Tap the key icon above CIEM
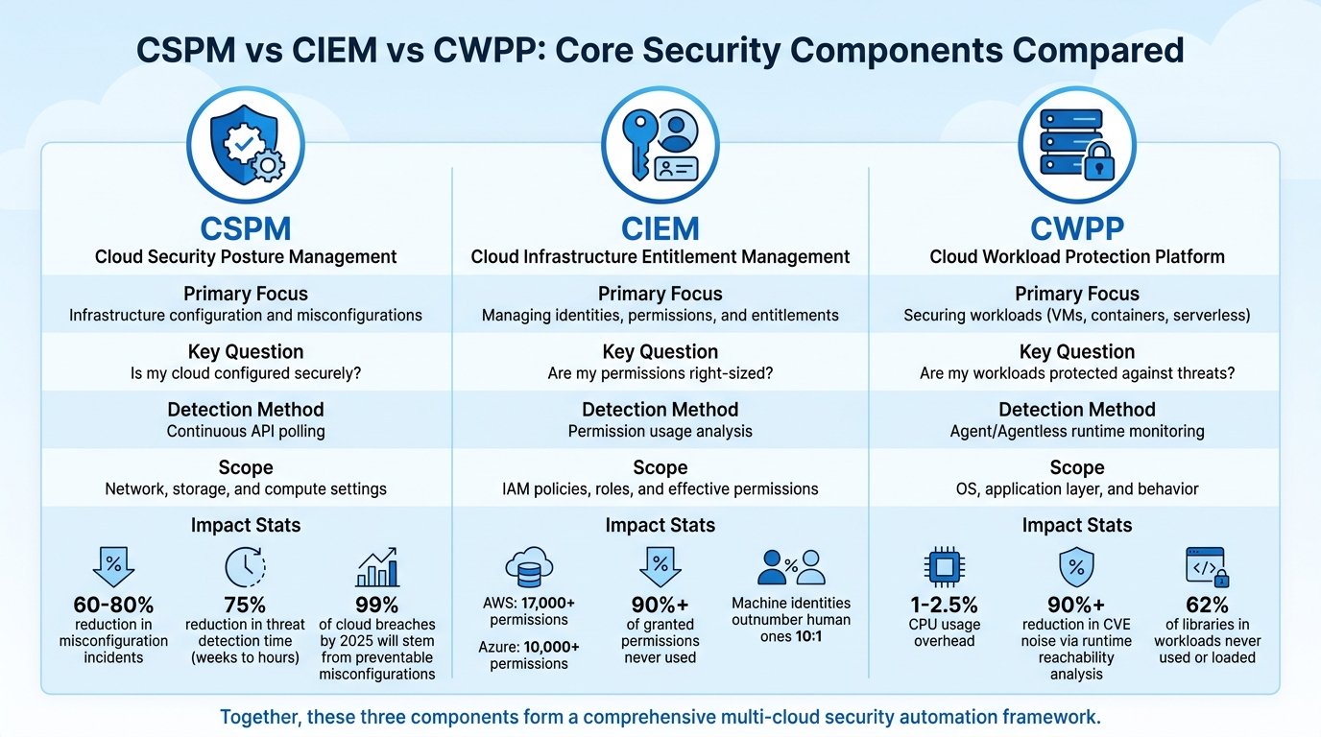click(x=639, y=144)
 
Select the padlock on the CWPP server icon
click(x=1098, y=160)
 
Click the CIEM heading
click(x=660, y=228)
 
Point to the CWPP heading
click(x=1077, y=228)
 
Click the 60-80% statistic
click(x=113, y=605)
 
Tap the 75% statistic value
click(x=245, y=605)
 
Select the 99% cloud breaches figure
click(x=377, y=605)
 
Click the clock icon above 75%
click(x=246, y=566)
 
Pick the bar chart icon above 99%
click(x=377, y=567)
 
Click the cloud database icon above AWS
click(x=529, y=567)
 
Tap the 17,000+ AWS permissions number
click(x=548, y=604)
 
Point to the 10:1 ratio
click(x=808, y=637)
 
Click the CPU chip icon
click(x=944, y=567)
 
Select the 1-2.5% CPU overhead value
click(x=944, y=605)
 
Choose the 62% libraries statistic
click(x=1207, y=605)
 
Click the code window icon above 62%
click(x=1207, y=567)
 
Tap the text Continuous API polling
click(x=246, y=432)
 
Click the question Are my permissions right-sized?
click(x=660, y=374)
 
